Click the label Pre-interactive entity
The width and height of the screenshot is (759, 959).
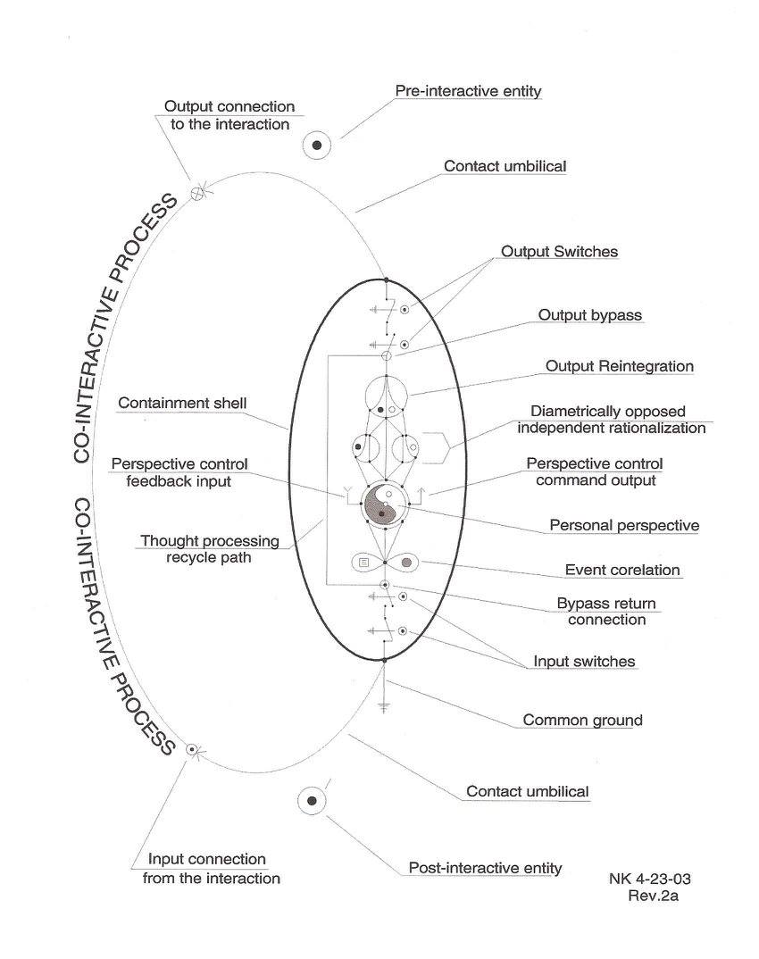tap(468, 91)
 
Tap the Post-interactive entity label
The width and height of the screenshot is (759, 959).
tap(485, 867)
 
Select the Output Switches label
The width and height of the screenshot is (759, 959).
tap(559, 252)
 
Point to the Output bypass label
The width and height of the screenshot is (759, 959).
tap(589, 315)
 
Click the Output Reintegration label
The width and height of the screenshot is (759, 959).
tap(620, 366)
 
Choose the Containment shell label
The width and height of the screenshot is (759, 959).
tap(183, 404)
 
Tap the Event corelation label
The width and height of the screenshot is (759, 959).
tap(622, 570)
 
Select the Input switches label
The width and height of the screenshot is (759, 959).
tap(584, 662)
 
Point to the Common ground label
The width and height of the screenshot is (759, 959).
tap(582, 720)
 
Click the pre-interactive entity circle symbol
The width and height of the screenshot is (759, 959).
tap(317, 145)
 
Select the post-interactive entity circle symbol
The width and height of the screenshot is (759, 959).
tap(312, 800)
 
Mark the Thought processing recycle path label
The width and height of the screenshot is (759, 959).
tap(210, 550)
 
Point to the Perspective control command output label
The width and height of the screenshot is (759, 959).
tap(594, 472)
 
